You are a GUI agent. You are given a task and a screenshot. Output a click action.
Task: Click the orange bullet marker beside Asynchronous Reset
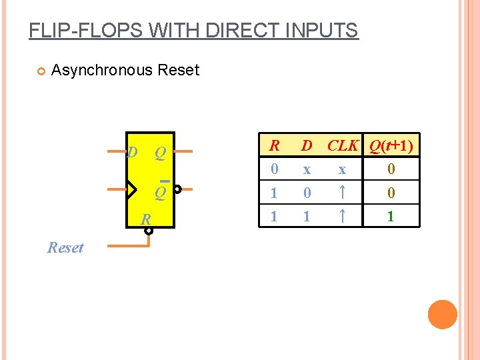(x=39, y=71)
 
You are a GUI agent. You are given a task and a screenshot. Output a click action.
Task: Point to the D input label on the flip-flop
(x=132, y=153)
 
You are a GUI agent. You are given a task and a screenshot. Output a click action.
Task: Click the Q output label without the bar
(x=160, y=153)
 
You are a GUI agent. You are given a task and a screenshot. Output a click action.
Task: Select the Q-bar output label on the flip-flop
(x=160, y=192)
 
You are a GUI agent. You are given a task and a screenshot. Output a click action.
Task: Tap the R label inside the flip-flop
(x=145, y=219)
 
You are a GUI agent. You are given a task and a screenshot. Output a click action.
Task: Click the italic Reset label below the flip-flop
(x=65, y=247)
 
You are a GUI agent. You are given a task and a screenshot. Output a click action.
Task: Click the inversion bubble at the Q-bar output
(x=178, y=189)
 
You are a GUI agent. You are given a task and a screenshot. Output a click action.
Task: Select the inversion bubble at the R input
(x=149, y=231)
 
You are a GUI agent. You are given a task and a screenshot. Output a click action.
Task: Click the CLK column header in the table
(x=343, y=145)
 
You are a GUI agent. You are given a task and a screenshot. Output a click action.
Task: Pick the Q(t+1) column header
(x=391, y=145)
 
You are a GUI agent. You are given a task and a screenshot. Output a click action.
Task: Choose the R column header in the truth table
(x=273, y=145)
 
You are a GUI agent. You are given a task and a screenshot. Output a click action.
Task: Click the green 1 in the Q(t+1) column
(x=391, y=217)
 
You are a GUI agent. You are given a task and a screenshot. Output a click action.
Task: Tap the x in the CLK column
(x=341, y=169)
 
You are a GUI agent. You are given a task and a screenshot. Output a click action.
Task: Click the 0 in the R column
(x=273, y=169)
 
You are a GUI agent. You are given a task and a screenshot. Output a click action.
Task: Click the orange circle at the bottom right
(x=443, y=315)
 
